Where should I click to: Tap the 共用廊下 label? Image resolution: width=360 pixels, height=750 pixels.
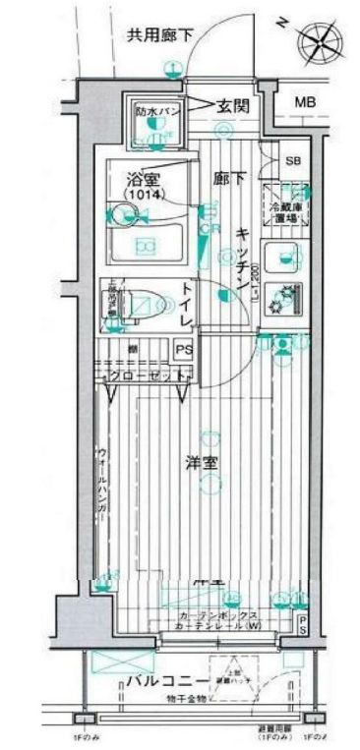coord(157,35)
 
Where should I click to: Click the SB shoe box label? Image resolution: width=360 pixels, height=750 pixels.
coord(294,160)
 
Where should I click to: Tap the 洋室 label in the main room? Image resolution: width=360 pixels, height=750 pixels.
coord(205,462)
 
